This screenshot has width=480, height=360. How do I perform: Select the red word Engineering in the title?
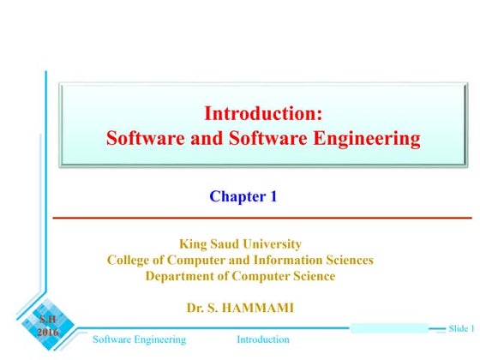pyautogui.click(x=370, y=137)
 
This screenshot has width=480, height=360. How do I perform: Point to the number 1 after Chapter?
pyautogui.click(x=273, y=196)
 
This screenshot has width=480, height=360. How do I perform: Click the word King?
pyautogui.click(x=191, y=243)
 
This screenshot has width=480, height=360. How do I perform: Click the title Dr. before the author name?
pyautogui.click(x=195, y=306)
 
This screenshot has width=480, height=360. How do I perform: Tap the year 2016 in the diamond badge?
pyautogui.click(x=48, y=333)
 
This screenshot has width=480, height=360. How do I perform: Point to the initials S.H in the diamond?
pyautogui.click(x=48, y=321)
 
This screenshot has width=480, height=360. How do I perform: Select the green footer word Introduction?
pyautogui.click(x=263, y=340)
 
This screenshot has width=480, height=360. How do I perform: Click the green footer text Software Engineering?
pyautogui.click(x=139, y=340)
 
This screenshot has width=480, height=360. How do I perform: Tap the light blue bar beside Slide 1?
pyautogui.click(x=390, y=328)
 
